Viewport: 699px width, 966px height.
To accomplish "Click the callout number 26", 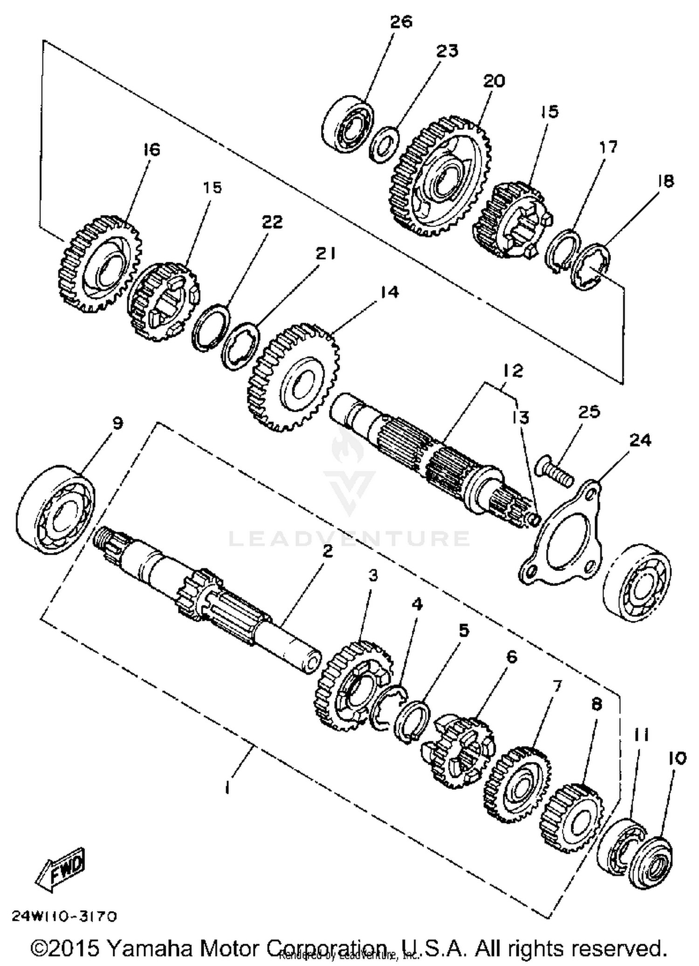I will (x=401, y=22).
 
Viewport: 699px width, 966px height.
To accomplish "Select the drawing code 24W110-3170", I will (x=64, y=917).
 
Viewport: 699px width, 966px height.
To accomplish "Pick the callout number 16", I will (x=151, y=150).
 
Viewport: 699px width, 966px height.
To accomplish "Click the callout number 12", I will (x=513, y=371).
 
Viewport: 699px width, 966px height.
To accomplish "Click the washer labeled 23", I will (x=384, y=145).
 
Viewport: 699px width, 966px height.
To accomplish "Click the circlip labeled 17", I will (x=562, y=252).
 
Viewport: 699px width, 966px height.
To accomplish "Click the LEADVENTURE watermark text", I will (x=349, y=539).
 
